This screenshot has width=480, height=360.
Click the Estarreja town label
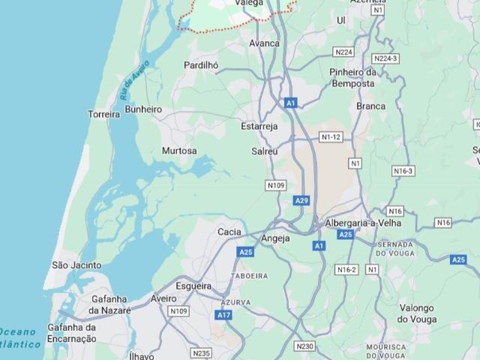tap(259, 126)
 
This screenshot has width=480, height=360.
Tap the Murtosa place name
tap(179, 151)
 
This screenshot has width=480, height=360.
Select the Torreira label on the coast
tap(104, 115)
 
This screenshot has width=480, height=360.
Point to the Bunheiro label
tap(143, 109)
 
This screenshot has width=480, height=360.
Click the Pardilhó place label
tap(201, 65)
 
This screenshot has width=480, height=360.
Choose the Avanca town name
tap(264, 43)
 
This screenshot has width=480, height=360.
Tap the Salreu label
tap(265, 151)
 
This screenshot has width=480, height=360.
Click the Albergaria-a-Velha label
tap(363, 223)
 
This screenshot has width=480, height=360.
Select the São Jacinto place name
tap(76, 265)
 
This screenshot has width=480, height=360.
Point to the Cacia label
tap(229, 232)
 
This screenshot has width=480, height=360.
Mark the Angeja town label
tap(275, 238)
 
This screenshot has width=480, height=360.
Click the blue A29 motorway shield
tap(301, 200)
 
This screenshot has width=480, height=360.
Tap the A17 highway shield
tap(224, 315)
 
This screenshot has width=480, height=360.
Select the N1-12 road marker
tap(331, 137)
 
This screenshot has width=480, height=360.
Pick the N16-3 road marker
tap(403, 171)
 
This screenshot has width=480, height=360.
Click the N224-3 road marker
tap(385, 58)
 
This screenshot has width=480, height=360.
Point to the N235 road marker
tap(202, 352)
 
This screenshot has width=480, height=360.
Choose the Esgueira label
tap(193, 286)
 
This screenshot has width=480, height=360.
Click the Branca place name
tap(370, 106)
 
